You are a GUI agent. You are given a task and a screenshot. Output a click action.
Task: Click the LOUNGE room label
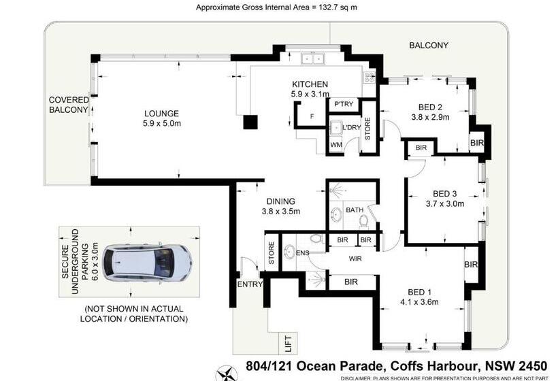[161, 113]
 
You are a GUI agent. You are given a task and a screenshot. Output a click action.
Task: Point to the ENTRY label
[250, 284]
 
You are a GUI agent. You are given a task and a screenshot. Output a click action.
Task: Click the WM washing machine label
[335, 145]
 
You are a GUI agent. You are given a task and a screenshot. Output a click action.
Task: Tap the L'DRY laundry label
[351, 127]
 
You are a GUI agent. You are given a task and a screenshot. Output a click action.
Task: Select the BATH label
[354, 210]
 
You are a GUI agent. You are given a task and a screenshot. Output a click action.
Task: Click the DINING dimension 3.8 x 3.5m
[281, 211]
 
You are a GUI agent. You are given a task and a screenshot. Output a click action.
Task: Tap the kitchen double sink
[313, 60]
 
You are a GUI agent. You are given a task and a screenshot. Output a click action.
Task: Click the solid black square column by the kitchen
[251, 122]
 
